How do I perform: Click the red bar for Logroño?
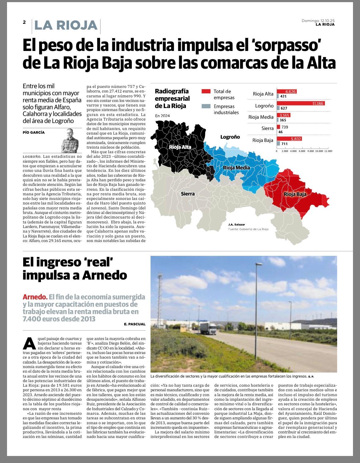pyautogui.click(x=300, y=103)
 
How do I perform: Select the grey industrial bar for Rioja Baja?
pyautogui.click(x=278, y=143)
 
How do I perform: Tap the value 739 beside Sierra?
pyautogui.click(x=285, y=127)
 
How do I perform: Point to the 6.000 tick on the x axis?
pyautogui.click(x=302, y=151)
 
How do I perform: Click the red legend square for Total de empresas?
pyautogui.click(x=206, y=91)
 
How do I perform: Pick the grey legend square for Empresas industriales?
pyautogui.click(x=206, y=106)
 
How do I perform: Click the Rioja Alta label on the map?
pyautogui.click(x=180, y=147)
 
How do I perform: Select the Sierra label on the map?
pyautogui.click(x=187, y=194)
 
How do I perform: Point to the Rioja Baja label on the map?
pyautogui.click(x=295, y=194)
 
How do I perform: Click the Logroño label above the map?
pyautogui.click(x=230, y=137)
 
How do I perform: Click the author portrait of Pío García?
pyautogui.click(x=70, y=140)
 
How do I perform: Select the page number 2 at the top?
pyautogui.click(x=24, y=22)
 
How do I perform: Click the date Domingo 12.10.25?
pyautogui.click(x=318, y=21)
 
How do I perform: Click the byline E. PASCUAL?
pyautogui.click(x=135, y=324)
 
